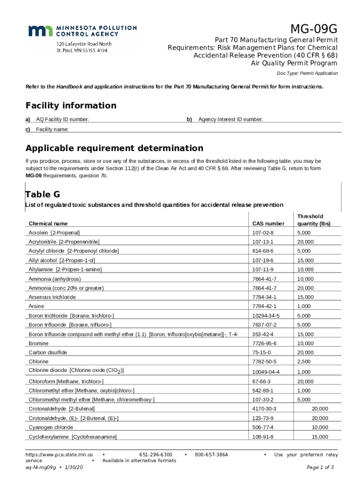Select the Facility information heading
(71, 105)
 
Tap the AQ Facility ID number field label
(63, 120)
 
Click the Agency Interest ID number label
(230, 120)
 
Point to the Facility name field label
(52, 129)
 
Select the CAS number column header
(268, 224)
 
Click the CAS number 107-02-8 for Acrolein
(262, 232)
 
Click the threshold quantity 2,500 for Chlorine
(304, 362)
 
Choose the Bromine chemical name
(38, 343)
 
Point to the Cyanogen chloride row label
(50, 428)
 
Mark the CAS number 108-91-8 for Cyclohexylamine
(262, 437)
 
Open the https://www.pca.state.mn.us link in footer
(59, 455)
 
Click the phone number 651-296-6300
(156, 455)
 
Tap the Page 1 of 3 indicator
(320, 467)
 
